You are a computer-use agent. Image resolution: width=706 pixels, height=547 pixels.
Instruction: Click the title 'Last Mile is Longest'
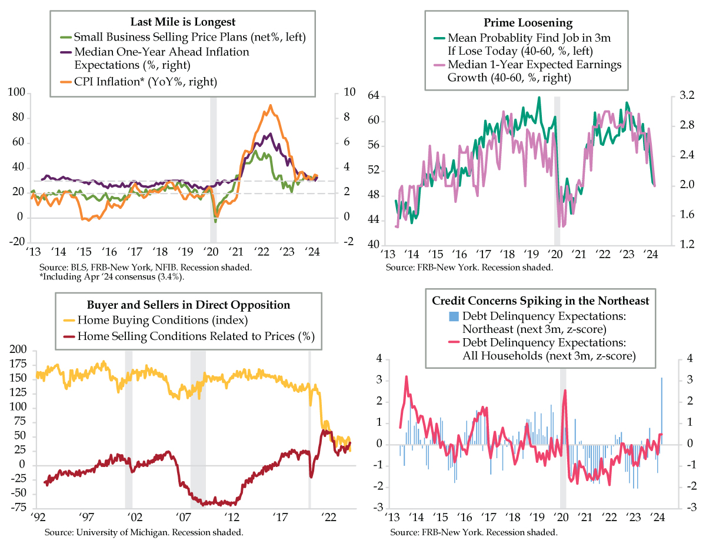coord(186,22)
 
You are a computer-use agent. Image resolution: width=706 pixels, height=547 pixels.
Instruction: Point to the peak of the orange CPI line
coord(270,106)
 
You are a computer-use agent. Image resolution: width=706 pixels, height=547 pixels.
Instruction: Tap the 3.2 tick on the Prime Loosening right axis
coord(687,95)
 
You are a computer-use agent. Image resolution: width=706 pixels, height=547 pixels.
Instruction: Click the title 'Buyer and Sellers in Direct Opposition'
coord(188,305)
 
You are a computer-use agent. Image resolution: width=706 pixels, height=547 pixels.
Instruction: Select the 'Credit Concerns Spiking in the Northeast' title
coord(541,301)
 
